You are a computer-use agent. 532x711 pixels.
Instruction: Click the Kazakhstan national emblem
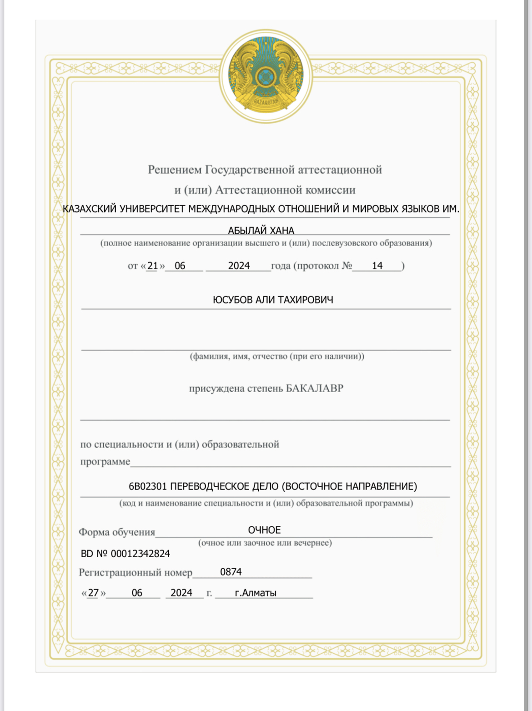[x=266, y=76]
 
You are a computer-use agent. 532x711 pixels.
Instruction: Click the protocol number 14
[x=377, y=266]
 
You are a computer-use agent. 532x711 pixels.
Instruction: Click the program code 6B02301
[x=148, y=486]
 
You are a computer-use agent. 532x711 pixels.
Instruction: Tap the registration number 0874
[x=231, y=572]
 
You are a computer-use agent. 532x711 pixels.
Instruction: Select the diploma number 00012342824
[x=140, y=554]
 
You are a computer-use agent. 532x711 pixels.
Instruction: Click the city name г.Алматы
[x=256, y=593]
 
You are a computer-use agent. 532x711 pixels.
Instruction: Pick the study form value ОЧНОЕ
[x=264, y=530]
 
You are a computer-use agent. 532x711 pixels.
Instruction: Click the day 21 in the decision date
[x=152, y=266]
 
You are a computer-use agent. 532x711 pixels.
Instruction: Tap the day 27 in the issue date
[x=93, y=593]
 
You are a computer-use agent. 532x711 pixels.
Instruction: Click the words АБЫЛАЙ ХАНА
[x=261, y=231]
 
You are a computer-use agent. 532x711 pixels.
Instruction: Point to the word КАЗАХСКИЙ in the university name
[x=89, y=209]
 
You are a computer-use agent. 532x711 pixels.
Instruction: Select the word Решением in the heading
[x=175, y=170]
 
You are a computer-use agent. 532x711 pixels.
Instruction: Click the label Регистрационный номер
[x=136, y=572]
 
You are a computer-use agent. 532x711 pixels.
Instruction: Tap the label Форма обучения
[x=117, y=532]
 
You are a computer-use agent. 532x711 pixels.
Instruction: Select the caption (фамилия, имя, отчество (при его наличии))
[x=277, y=356]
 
